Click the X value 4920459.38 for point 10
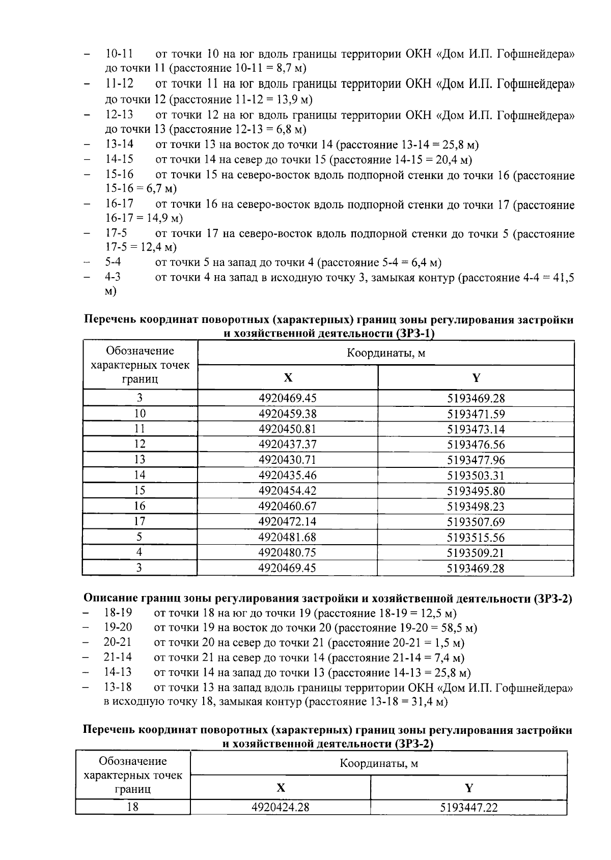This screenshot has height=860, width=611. tap(288, 414)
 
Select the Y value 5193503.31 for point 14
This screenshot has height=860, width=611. tap(476, 476)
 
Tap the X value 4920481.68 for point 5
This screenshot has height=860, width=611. tap(288, 537)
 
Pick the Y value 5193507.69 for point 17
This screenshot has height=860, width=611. tap(476, 522)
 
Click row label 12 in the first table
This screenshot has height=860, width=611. tap(140, 444)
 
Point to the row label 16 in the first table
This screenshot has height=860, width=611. tap(140, 506)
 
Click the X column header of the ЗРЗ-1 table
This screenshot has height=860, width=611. tap(288, 378)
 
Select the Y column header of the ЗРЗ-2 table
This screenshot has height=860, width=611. tap(469, 788)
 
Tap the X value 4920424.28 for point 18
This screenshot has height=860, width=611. tap(281, 807)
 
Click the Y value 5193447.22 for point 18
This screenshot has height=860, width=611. tap(469, 807)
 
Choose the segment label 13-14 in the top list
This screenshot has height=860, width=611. tap(119, 145)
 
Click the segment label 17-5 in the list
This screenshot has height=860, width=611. tap(116, 233)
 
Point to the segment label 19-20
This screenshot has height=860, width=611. tap(118, 628)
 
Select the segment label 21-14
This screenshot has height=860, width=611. tap(118, 658)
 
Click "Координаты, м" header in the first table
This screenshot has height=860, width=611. tap(386, 353)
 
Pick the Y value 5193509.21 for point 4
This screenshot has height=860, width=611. tap(476, 553)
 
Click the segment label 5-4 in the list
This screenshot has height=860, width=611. tap(113, 263)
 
